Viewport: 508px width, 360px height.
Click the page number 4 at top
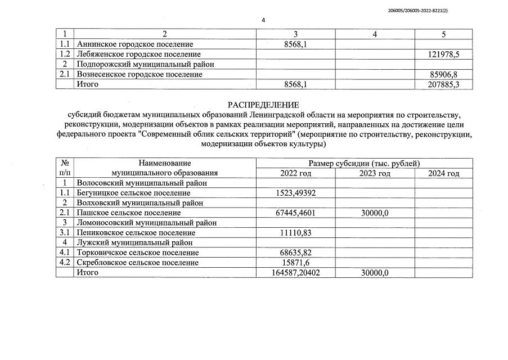[x=263, y=20]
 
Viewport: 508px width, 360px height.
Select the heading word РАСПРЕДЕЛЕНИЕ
[x=263, y=105]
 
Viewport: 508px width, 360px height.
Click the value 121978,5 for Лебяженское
[x=443, y=54]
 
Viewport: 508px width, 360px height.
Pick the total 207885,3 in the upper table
[x=443, y=84]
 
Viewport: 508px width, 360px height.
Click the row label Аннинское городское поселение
[x=134, y=44]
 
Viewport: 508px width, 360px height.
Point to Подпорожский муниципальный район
[x=145, y=64]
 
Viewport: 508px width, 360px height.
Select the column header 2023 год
[x=374, y=173]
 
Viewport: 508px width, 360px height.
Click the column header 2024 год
[x=443, y=173]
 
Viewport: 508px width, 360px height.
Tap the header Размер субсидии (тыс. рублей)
[x=364, y=163]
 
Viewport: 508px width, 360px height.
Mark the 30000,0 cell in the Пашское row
[x=374, y=213]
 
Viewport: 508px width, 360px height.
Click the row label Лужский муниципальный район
[x=135, y=243]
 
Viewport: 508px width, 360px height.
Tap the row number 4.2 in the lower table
[x=65, y=263]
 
